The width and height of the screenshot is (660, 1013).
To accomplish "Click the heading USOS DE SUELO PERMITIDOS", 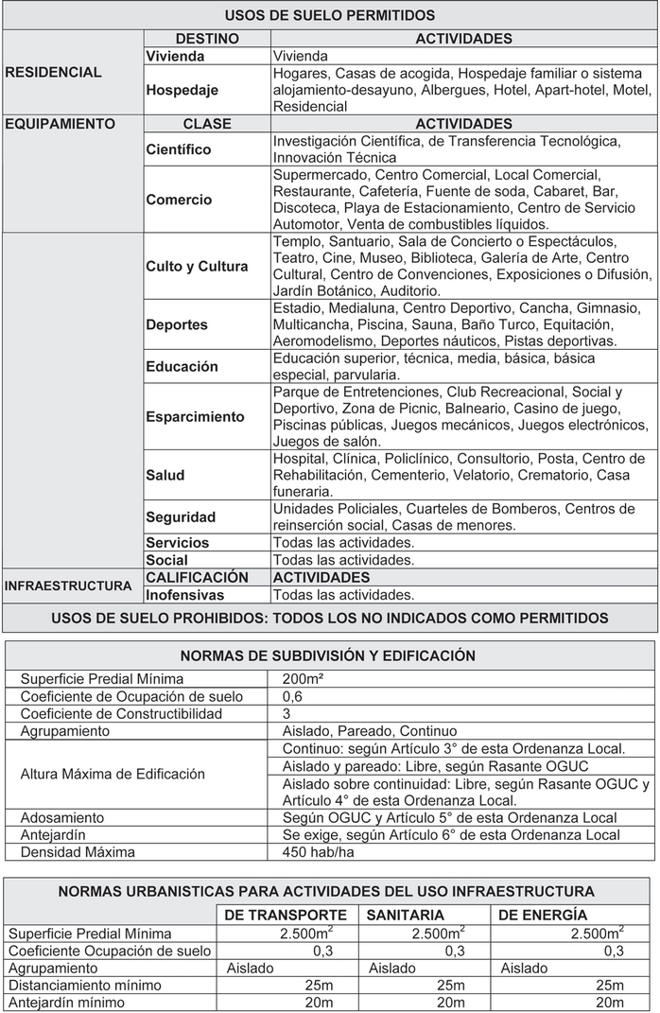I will [330, 15].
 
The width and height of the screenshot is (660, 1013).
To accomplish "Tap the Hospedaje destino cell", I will [182, 90].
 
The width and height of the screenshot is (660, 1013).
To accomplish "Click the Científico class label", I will [179, 149].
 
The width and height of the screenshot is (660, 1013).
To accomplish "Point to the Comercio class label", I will [179, 200].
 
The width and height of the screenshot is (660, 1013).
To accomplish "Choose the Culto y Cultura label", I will [197, 267].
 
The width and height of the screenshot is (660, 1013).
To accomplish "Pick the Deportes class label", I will [177, 324].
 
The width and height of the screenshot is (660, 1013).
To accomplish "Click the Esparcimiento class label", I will [195, 416].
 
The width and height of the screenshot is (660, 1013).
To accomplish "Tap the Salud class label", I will [165, 475].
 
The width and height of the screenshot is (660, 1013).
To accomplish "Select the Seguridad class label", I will [181, 516].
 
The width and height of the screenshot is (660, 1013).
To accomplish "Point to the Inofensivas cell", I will [185, 595].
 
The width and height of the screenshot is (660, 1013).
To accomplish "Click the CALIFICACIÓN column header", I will [197, 577].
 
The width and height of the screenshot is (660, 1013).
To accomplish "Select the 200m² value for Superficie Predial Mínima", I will [303, 679].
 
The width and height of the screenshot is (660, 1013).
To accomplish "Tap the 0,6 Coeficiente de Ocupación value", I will [293, 696].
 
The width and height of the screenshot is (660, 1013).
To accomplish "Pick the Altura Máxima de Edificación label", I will [113, 774].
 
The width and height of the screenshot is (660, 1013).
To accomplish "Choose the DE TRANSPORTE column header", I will [286, 915].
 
